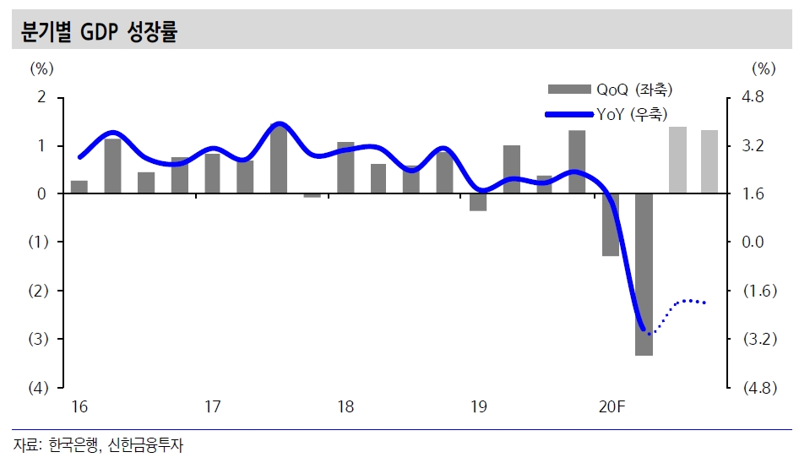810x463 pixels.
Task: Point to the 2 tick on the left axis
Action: (41, 98)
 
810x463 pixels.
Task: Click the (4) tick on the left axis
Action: (38, 389)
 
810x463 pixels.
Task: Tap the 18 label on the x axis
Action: (345, 408)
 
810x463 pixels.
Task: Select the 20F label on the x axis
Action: (611, 408)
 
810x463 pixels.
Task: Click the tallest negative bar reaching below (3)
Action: (644, 275)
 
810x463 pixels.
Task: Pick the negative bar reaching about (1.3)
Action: (610, 225)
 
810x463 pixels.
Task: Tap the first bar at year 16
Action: (79, 188)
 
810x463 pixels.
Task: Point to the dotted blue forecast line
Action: (686, 302)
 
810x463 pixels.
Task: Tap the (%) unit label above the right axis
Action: (763, 68)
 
